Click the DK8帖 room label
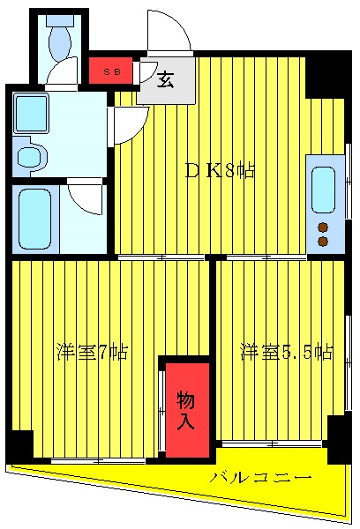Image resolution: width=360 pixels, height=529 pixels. pyautogui.click(x=220, y=171)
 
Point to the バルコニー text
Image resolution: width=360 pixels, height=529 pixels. pyautogui.click(x=260, y=478)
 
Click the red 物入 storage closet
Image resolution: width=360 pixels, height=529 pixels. pyautogui.click(x=185, y=409)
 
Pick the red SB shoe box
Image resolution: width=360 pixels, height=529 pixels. pyautogui.click(x=111, y=70)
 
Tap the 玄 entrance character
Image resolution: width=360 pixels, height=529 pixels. pyautogui.click(x=165, y=81)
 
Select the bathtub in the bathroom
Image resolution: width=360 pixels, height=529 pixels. pyautogui.click(x=36, y=218)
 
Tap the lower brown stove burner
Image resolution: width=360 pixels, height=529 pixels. pyautogui.click(x=322, y=241)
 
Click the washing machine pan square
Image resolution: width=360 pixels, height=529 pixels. pyautogui.click(x=31, y=114)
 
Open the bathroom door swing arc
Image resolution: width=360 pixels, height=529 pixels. pyautogui.click(x=86, y=199)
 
